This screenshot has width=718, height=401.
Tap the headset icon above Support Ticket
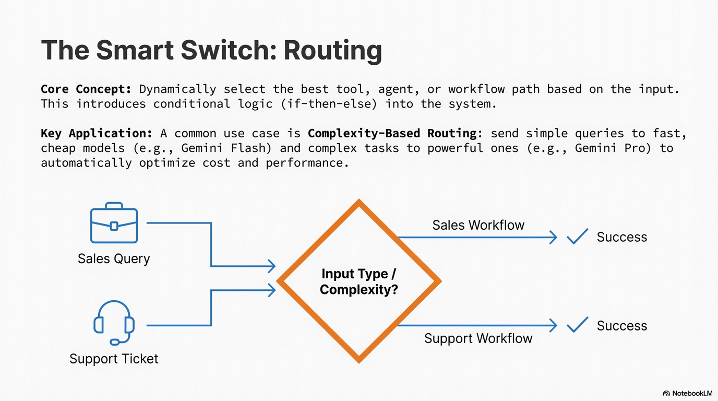tap(114, 323)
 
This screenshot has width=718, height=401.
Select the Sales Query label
tap(114, 258)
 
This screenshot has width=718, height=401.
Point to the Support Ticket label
tap(114, 359)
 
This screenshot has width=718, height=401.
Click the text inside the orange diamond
tap(358, 281)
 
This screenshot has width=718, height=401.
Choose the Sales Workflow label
tap(478, 225)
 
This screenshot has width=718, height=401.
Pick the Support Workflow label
tap(478, 338)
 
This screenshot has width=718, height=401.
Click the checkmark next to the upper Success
tap(577, 237)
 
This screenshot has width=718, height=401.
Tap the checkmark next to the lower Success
tap(577, 325)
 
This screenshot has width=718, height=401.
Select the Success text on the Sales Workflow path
tap(621, 237)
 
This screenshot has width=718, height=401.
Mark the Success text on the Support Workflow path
tap(621, 326)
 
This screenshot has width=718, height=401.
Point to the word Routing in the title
tap(332, 51)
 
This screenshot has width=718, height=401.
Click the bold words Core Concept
tap(86, 89)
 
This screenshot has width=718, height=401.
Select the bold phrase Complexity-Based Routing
tap(391, 134)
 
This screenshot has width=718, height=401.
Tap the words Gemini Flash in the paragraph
tap(226, 148)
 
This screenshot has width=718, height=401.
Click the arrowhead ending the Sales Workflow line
tap(553, 238)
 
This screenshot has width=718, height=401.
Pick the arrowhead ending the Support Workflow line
tap(553, 326)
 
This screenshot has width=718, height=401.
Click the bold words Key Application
tap(97, 134)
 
